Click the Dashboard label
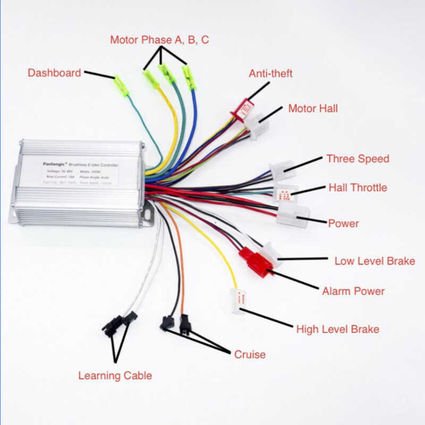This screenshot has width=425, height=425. tap(54, 73)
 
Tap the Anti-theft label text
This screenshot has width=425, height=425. tap(270, 73)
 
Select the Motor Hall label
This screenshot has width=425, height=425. tap(313, 108)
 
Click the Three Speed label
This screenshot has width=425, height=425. tap(358, 158)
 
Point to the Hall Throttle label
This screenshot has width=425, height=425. tap(358, 188)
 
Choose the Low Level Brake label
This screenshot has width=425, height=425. tap(375, 261)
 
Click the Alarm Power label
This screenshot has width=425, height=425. tap(353, 291)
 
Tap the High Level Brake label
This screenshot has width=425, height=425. tap(337, 329)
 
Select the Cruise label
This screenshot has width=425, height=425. tap(250, 354)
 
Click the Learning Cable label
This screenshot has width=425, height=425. tap(115, 376)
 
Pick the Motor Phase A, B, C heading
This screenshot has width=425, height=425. tap(159, 40)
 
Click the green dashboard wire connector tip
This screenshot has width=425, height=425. tap(121, 86)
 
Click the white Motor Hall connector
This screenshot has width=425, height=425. tap(257, 126)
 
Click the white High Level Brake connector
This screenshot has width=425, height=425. tap(238, 301)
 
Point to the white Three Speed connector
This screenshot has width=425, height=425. tap(282, 171)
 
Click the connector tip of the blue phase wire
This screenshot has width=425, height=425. tap(189, 78)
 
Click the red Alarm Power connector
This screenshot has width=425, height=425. tap(258, 263)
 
